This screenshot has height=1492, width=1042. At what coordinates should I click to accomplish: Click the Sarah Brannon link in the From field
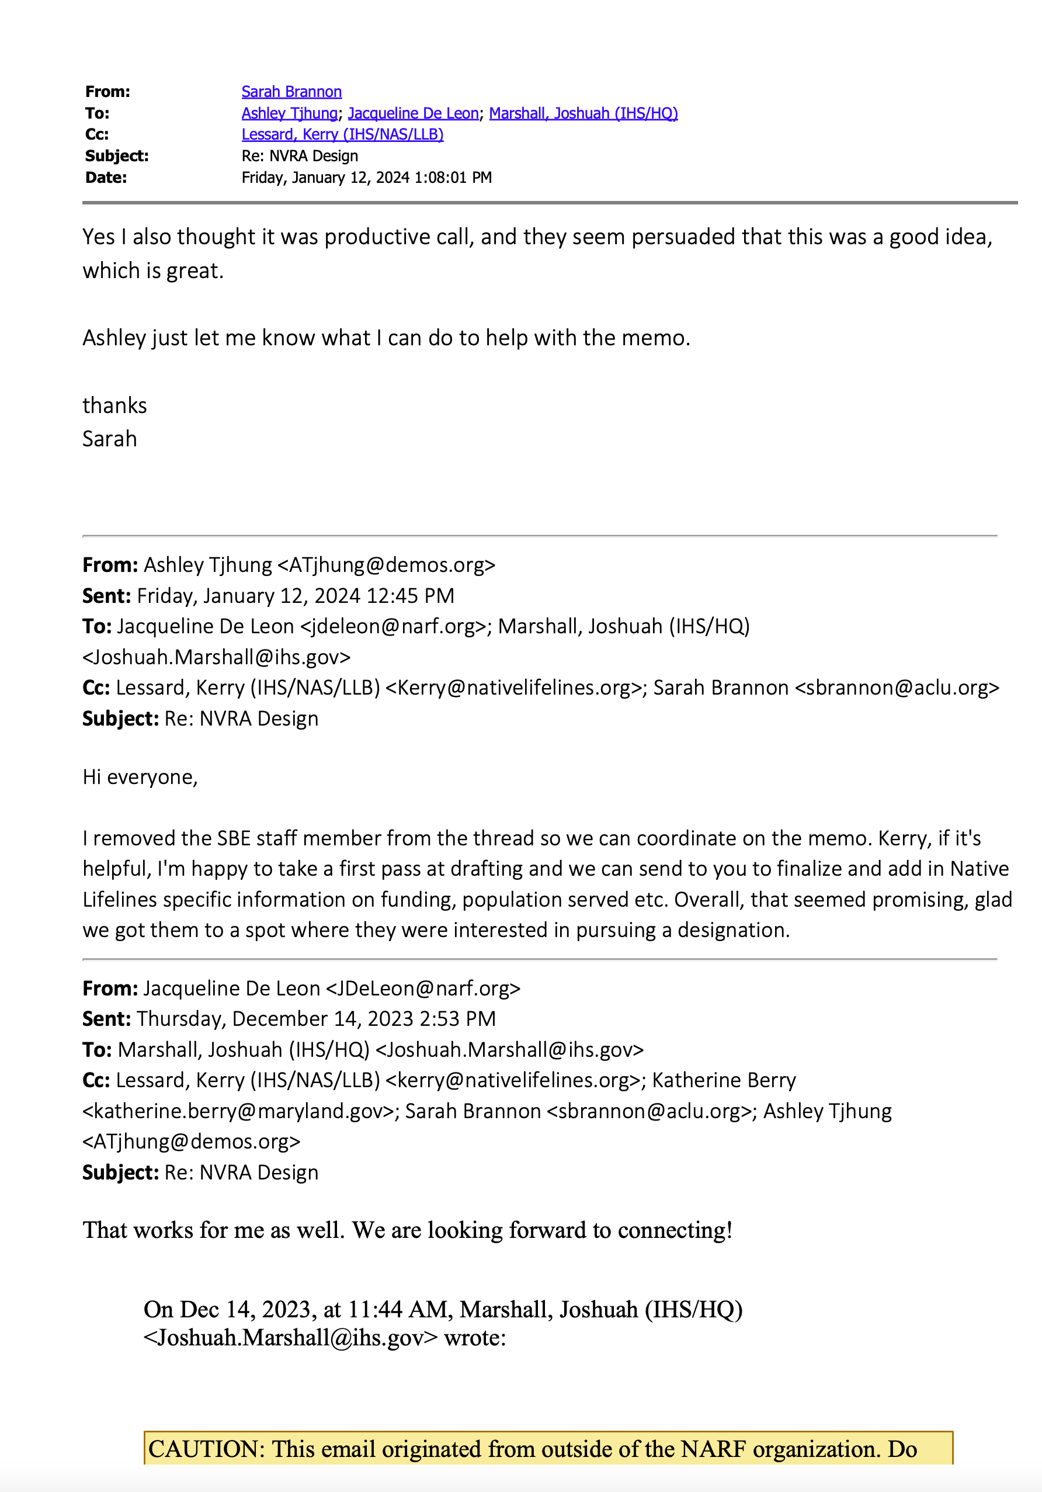click(291, 92)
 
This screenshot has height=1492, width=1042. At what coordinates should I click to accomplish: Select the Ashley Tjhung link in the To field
click(289, 113)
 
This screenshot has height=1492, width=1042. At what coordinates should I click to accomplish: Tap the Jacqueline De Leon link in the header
click(413, 113)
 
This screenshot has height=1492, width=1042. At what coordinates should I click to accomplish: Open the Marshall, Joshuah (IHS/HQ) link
click(583, 113)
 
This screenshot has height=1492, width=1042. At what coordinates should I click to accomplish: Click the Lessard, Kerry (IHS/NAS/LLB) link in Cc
click(342, 134)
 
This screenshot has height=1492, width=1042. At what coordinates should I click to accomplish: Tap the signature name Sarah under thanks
click(109, 439)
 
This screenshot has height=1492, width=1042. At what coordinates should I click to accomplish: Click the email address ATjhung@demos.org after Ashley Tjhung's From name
click(386, 565)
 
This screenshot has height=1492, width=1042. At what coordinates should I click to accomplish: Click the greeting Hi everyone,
click(140, 777)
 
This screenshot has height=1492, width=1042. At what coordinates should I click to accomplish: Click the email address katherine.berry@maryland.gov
click(238, 1111)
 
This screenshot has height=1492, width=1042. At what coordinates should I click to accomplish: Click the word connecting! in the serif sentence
click(675, 1230)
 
